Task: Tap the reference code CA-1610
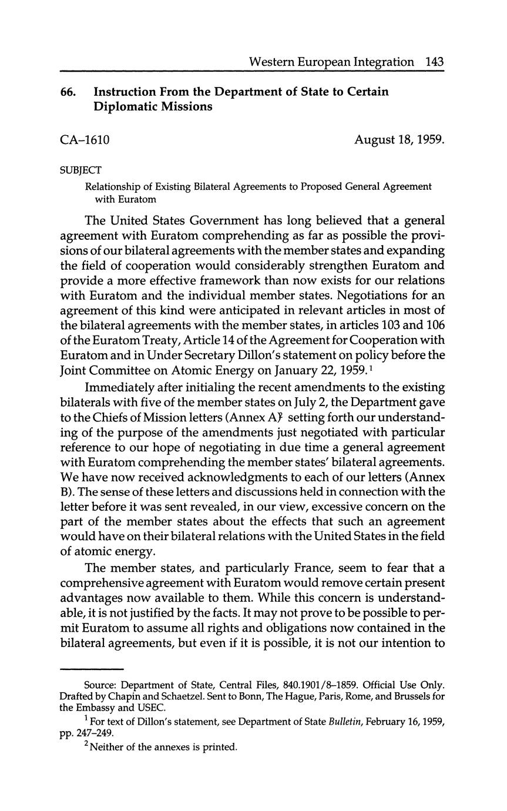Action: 85,140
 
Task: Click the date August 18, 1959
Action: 399,140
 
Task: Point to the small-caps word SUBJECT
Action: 81,170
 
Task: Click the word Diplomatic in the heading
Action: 124,107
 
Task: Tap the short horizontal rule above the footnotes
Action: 92,669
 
